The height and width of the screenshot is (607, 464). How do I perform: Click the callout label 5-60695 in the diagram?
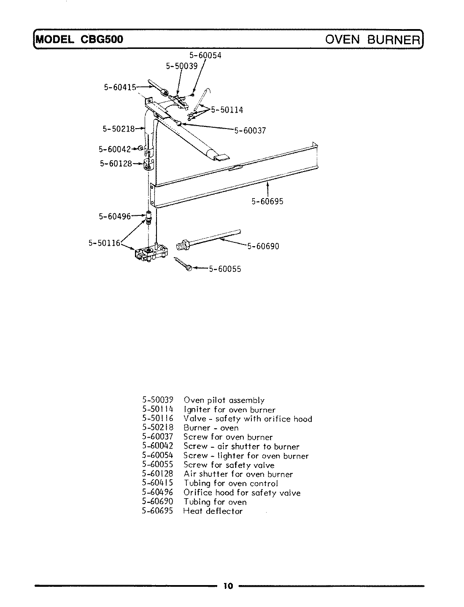267,201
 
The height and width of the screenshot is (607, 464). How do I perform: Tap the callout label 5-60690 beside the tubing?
263,246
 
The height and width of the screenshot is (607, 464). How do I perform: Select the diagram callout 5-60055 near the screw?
225,269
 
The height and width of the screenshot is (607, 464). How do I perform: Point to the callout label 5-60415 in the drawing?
120,87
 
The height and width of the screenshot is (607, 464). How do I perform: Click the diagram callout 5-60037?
250,130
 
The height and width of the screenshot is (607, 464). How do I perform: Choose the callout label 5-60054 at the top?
205,55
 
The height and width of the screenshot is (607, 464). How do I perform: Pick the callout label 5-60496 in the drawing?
115,216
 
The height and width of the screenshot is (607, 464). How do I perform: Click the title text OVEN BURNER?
373,40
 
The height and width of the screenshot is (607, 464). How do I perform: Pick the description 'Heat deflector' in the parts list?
213,511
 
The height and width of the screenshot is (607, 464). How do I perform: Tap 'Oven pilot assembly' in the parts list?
224,400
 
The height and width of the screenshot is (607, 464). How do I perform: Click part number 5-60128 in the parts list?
158,474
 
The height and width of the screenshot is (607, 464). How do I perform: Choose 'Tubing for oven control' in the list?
231,483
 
